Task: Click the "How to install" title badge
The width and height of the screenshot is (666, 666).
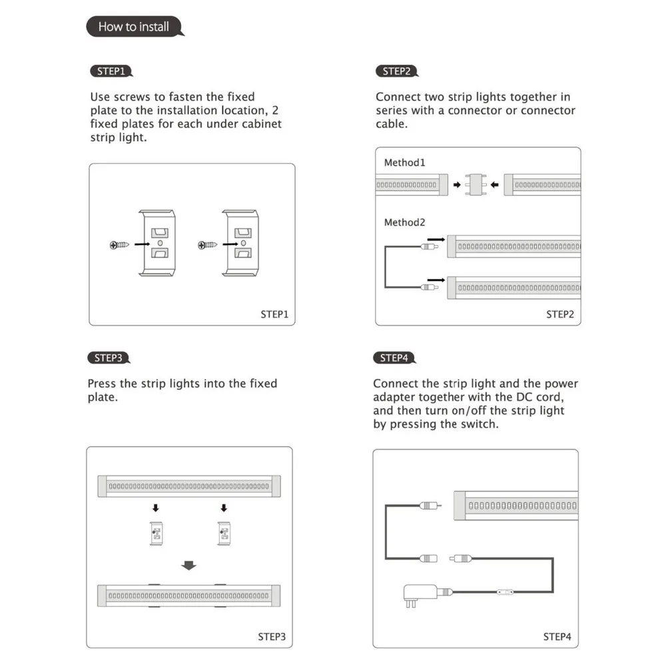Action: click(134, 27)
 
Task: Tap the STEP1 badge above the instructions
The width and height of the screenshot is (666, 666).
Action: click(110, 71)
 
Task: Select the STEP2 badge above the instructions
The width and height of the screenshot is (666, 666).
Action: click(396, 71)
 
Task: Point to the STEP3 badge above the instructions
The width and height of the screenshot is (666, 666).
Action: click(108, 358)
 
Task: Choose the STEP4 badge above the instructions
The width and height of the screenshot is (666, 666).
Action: click(394, 358)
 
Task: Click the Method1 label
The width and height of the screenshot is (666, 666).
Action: click(404, 163)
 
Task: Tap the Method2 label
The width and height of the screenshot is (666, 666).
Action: click(404, 222)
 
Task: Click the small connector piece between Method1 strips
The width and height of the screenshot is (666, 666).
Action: click(476, 184)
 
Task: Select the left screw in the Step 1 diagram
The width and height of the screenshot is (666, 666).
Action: click(118, 245)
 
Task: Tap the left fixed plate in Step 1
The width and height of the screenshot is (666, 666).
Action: click(158, 244)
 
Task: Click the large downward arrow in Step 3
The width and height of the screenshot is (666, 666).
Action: click(190, 566)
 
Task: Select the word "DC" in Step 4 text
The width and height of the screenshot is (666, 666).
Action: click(506, 398)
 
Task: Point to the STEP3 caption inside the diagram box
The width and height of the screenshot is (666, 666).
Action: click(272, 637)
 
